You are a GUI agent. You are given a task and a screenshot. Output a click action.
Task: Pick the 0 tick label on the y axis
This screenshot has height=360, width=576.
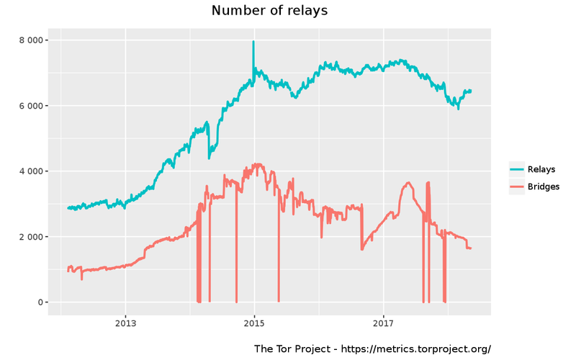point(40,302)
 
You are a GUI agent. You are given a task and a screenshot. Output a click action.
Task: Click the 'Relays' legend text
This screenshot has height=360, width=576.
point(541,170)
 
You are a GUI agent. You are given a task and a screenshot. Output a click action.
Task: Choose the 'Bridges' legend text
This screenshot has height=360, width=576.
point(544,186)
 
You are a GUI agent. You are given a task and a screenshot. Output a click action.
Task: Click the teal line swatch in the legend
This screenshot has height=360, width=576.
point(517,170)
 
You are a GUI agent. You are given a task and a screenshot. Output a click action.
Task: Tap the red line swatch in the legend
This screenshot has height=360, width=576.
point(517,186)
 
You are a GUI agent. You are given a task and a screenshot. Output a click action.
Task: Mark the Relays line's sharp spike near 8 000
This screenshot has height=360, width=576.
point(253,42)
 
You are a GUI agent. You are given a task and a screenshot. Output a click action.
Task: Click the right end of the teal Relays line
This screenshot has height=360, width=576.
point(471,91)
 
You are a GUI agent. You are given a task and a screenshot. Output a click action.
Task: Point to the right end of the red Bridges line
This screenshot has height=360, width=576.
point(471,248)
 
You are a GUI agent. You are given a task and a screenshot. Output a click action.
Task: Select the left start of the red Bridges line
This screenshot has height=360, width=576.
point(68,271)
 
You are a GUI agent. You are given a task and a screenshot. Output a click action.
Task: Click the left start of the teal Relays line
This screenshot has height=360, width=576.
point(68,208)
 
